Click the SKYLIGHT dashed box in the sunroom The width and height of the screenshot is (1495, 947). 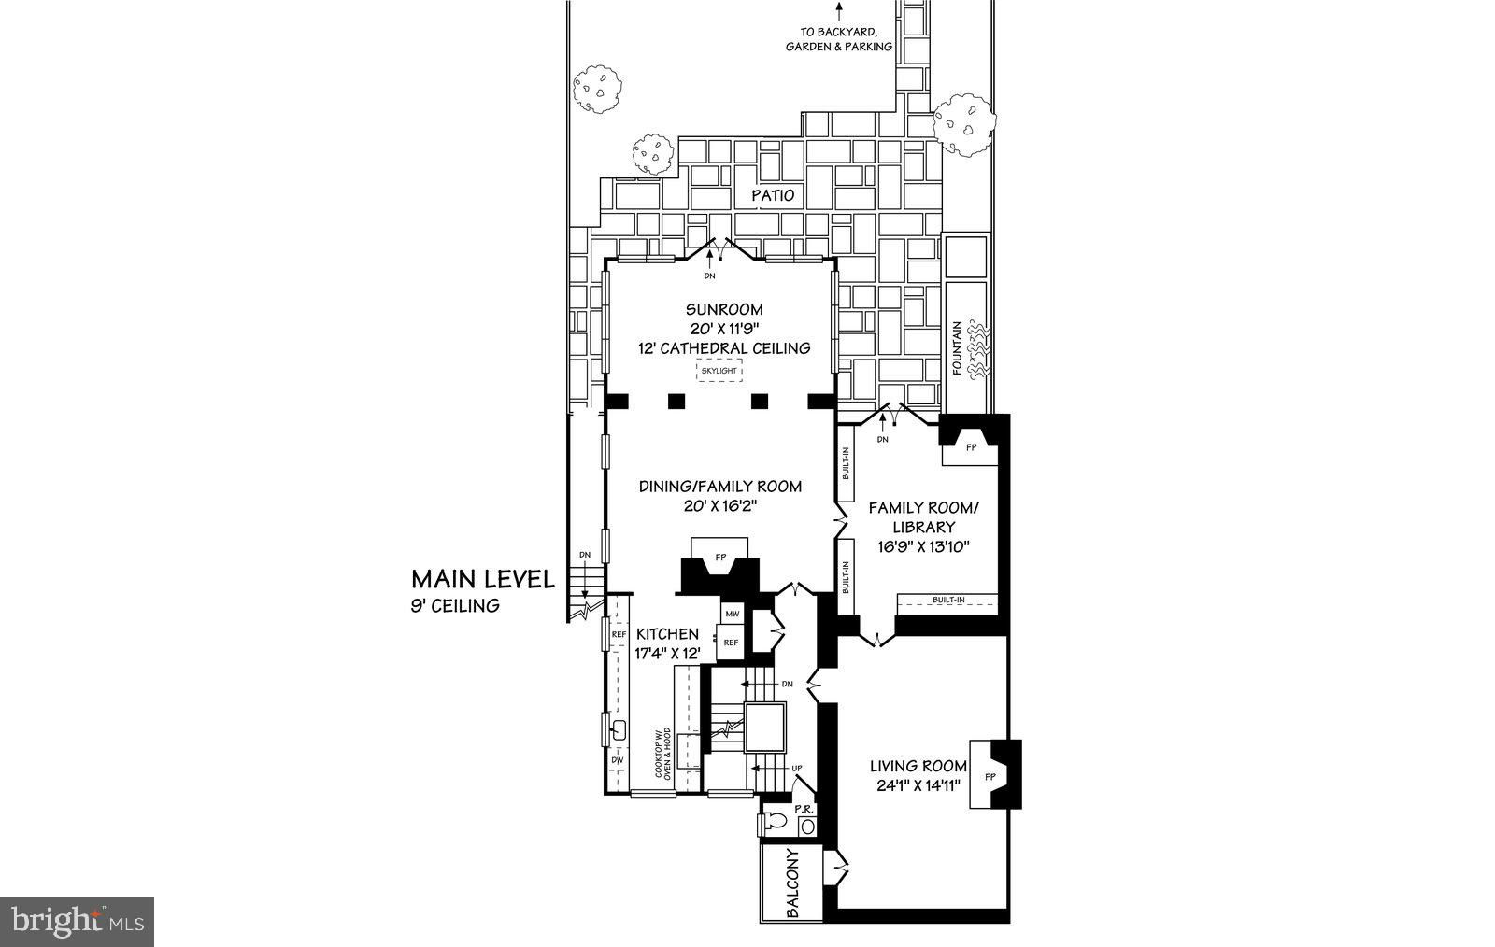click(x=719, y=370)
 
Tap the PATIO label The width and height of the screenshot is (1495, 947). click(x=773, y=195)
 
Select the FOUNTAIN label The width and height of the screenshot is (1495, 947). click(x=957, y=347)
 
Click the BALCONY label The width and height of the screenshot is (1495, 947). click(x=792, y=883)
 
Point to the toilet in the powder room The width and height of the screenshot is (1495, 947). click(x=772, y=821)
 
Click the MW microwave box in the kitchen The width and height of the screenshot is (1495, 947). click(x=733, y=614)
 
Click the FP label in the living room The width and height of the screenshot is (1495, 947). click(x=990, y=776)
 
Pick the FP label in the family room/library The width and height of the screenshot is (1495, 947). click(x=971, y=447)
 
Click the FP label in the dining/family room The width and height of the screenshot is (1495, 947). click(x=720, y=558)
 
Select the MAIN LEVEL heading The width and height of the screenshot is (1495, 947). click(x=482, y=580)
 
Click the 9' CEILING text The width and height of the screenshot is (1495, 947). click(x=455, y=605)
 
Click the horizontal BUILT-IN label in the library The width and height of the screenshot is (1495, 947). click(x=948, y=601)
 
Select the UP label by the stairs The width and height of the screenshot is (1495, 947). click(x=796, y=769)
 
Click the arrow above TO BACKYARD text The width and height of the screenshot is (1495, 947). click(x=839, y=11)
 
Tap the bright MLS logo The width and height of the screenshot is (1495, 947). click(x=78, y=922)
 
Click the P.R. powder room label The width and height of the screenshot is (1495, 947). click(x=804, y=809)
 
